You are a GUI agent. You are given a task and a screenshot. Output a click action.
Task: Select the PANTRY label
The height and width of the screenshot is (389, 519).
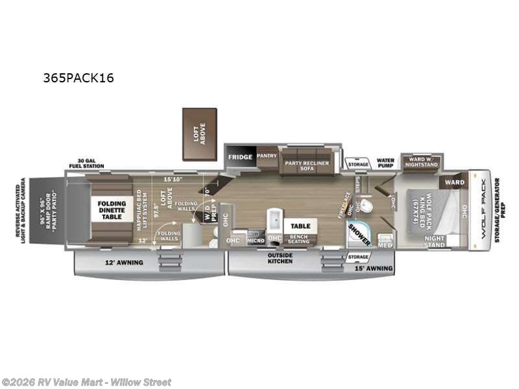click(x=267, y=156)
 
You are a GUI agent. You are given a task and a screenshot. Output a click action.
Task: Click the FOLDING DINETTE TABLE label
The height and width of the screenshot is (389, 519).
click(x=112, y=211)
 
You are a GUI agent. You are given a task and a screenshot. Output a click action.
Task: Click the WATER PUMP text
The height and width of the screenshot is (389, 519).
click(x=385, y=163)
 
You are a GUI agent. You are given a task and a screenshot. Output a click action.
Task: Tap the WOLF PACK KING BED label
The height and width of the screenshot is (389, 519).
click(x=422, y=207)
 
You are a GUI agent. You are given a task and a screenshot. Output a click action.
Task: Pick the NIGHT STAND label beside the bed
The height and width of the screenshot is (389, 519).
click(x=434, y=242)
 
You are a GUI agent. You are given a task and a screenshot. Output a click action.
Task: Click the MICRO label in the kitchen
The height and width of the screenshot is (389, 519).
click(x=254, y=241)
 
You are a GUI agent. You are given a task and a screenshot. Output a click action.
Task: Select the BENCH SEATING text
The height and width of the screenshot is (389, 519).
click(x=298, y=240)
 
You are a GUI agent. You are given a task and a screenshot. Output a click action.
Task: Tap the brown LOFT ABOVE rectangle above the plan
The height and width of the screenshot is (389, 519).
click(x=199, y=134)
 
